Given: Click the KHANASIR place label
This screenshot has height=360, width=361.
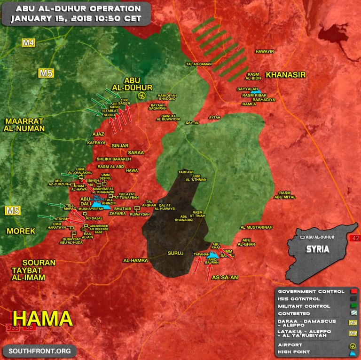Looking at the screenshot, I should (x=285, y=75).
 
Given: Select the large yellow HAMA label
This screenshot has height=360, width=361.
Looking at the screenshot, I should (x=42, y=319).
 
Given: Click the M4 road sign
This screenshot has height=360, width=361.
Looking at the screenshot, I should (x=28, y=43).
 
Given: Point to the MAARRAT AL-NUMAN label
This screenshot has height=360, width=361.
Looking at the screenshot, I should (x=24, y=125).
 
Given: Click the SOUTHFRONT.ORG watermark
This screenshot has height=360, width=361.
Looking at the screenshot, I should (x=39, y=351).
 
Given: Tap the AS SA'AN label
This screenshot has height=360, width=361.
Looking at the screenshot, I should (x=225, y=278).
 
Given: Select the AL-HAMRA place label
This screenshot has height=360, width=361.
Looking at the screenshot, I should (x=136, y=260).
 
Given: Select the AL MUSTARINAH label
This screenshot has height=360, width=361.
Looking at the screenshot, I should (x=256, y=227).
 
